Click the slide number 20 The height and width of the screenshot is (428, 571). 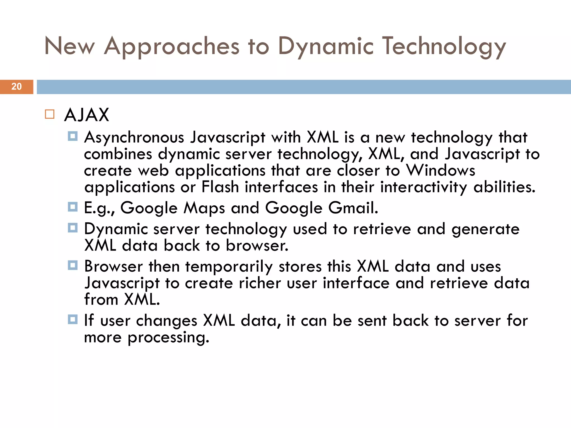(x=16, y=87)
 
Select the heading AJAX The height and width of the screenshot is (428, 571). (x=86, y=115)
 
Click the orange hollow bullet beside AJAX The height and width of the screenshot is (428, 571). (x=50, y=114)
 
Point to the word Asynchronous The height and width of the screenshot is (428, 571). (x=134, y=138)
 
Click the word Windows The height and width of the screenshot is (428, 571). (x=440, y=171)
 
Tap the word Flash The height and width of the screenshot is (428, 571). (x=220, y=187)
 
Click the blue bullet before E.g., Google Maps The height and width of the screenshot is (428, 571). (x=72, y=207)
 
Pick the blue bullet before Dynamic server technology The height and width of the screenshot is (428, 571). (x=72, y=228)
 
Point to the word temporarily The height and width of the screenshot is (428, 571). (x=229, y=267)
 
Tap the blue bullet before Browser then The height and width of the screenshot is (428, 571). (x=72, y=265)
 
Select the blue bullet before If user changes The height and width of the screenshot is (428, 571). (x=72, y=319)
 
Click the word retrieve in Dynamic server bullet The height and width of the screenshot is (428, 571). (x=382, y=229)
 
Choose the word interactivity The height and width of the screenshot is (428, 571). (x=424, y=187)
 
